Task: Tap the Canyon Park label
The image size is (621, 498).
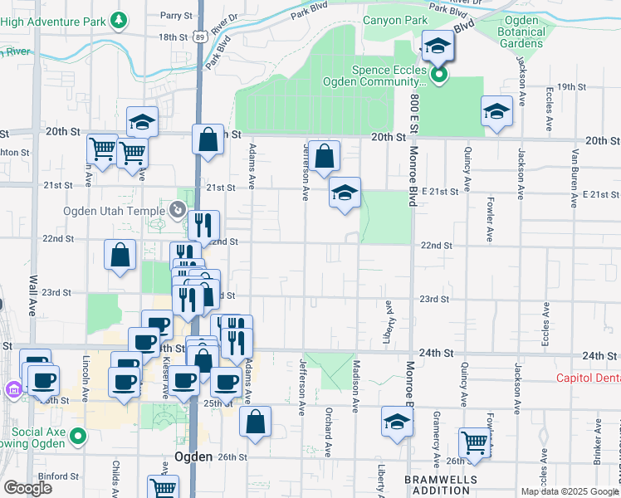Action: (395, 19)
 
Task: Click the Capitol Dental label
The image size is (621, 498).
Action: (588, 378)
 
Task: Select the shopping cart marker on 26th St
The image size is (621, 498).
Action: (473, 441)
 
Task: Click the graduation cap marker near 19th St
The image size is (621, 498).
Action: (496, 111)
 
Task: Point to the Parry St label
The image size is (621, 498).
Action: (176, 16)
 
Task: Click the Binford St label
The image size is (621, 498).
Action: (58, 476)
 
